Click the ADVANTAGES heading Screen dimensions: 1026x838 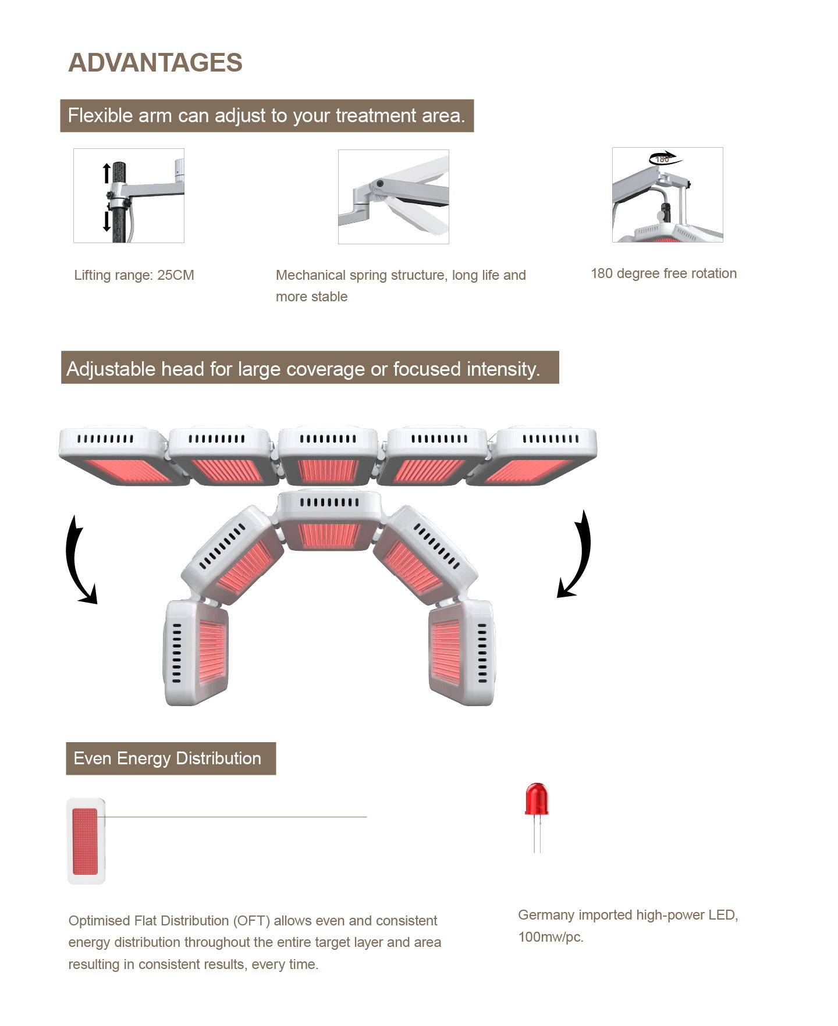coord(155,63)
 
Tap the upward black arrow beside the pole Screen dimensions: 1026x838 coord(106,173)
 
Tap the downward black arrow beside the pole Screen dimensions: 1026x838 coord(106,221)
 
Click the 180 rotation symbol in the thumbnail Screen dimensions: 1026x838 coord(665,158)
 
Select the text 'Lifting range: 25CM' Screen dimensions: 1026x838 coord(134,275)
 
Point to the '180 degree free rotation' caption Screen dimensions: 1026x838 coord(663,273)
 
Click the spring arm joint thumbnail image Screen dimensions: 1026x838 coord(393,197)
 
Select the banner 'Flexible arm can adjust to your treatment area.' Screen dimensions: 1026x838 coord(267,116)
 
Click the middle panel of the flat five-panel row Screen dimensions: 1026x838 coord(328,457)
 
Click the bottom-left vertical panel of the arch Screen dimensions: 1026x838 coord(196,653)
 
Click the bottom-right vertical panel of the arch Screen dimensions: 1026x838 coord(463,653)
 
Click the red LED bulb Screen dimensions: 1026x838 coord(537,799)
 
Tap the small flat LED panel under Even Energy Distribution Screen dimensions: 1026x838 coord(86,841)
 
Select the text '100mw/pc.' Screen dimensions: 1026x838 coord(551,937)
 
